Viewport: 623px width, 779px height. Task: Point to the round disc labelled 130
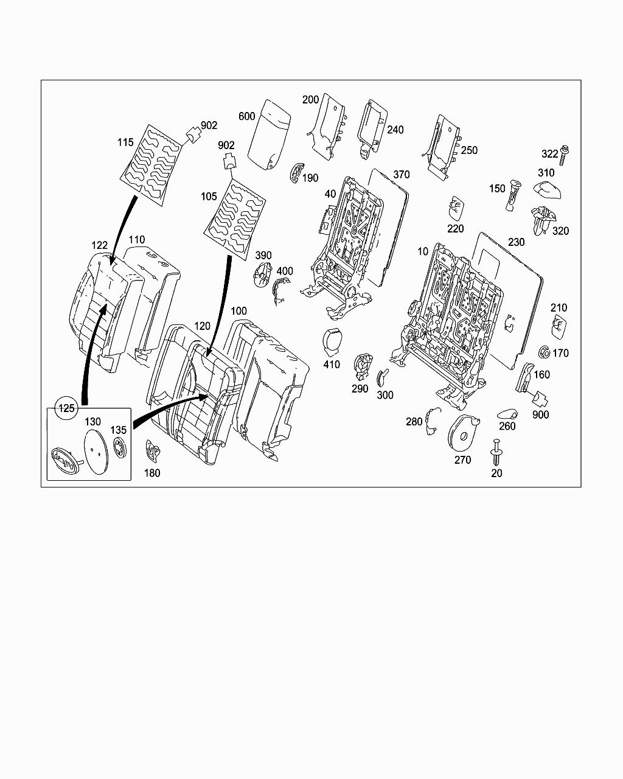95,451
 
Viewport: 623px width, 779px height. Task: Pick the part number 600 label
246,116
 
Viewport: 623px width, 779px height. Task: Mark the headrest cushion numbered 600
271,132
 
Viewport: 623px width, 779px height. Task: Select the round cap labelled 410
332,340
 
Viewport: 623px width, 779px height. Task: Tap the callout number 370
402,175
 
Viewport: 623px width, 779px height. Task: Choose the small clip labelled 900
540,399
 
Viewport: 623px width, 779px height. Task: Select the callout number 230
516,242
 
